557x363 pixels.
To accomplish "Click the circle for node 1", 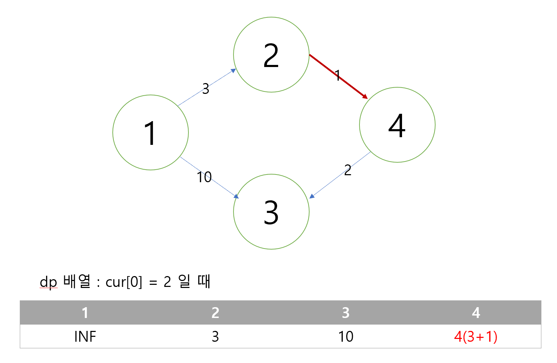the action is [x=150, y=133].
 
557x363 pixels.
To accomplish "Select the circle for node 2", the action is [x=271, y=55].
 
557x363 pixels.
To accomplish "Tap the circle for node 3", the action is [x=271, y=212].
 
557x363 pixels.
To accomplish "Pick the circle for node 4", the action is [x=397, y=125].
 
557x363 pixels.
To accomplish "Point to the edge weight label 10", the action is [x=204, y=177].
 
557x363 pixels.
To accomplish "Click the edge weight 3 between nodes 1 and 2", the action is [x=206, y=89].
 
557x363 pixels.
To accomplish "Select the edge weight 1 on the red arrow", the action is [x=337, y=75].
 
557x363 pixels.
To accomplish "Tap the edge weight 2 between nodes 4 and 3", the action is [x=348, y=170].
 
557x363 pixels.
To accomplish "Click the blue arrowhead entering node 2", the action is [x=233, y=71].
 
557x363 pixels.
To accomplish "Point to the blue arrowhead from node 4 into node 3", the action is [x=312, y=196].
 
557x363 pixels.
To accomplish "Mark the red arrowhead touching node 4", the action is [x=365, y=96].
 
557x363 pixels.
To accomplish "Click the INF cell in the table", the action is [x=85, y=336].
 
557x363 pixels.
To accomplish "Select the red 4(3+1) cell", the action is [x=476, y=336].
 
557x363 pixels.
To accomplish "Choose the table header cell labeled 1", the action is [x=85, y=313].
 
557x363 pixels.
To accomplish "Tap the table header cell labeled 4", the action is [x=476, y=313].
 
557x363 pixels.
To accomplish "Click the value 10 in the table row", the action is [x=346, y=336].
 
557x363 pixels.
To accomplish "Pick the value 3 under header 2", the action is [x=215, y=336].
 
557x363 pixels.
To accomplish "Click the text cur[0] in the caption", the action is [x=124, y=282].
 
